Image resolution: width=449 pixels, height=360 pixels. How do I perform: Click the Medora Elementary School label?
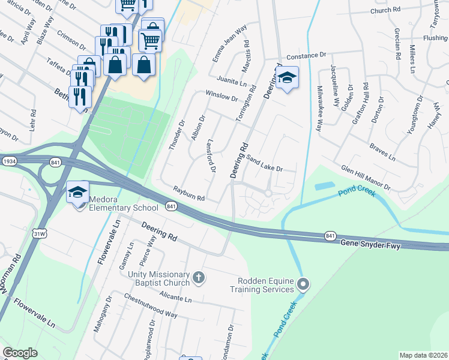coord(124,203)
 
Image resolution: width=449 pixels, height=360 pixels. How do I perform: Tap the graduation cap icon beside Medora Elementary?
coord(77,193)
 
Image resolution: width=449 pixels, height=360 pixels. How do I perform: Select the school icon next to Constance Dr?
coord(288,78)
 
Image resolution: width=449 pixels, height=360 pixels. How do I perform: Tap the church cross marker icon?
coord(199,277)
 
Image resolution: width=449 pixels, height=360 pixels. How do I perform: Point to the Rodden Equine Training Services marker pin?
coord(304,284)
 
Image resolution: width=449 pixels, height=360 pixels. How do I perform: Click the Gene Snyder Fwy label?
coord(367,243)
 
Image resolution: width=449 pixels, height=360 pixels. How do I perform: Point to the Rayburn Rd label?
coord(189,194)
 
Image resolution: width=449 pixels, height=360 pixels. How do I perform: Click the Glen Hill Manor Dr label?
coord(366,178)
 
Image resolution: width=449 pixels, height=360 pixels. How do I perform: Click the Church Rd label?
coord(385,10)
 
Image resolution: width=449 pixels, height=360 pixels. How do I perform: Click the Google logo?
coord(20,353)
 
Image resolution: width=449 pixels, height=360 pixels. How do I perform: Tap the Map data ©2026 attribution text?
coord(423,355)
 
